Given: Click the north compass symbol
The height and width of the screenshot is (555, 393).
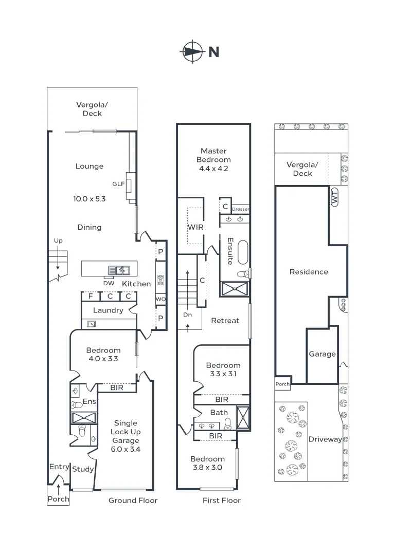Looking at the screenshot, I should click(x=191, y=51).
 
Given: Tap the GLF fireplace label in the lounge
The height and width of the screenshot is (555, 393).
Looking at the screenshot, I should click(x=119, y=183).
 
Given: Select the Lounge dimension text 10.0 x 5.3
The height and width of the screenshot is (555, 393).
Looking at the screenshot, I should click(x=90, y=198).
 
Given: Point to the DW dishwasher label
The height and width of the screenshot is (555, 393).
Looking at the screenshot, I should click(x=109, y=283).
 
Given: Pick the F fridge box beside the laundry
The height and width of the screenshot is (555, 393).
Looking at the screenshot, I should click(x=91, y=296).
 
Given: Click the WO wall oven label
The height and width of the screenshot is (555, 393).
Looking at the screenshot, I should click(x=160, y=299).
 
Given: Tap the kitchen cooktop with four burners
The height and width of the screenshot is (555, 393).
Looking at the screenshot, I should click(x=160, y=280).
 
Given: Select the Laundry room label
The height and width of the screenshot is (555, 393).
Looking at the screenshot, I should click(x=108, y=310).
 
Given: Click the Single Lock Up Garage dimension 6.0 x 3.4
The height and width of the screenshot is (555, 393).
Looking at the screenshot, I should click(x=126, y=449).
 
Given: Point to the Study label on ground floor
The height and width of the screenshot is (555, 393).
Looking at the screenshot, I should click(x=83, y=469).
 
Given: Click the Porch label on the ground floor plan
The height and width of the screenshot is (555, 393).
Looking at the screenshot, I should click(x=58, y=499).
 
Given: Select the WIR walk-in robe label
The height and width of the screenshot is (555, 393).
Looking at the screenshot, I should click(x=195, y=226).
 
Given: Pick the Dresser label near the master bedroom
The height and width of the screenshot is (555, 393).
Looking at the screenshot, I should click(x=240, y=209).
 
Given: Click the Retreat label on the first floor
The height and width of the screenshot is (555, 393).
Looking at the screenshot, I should click(x=225, y=320).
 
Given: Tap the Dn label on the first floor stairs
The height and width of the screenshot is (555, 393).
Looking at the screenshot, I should click(x=187, y=314).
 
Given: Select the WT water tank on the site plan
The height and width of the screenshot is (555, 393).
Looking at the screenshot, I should click(x=335, y=197).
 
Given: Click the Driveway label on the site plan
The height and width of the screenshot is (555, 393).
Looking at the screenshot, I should click(x=325, y=439).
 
